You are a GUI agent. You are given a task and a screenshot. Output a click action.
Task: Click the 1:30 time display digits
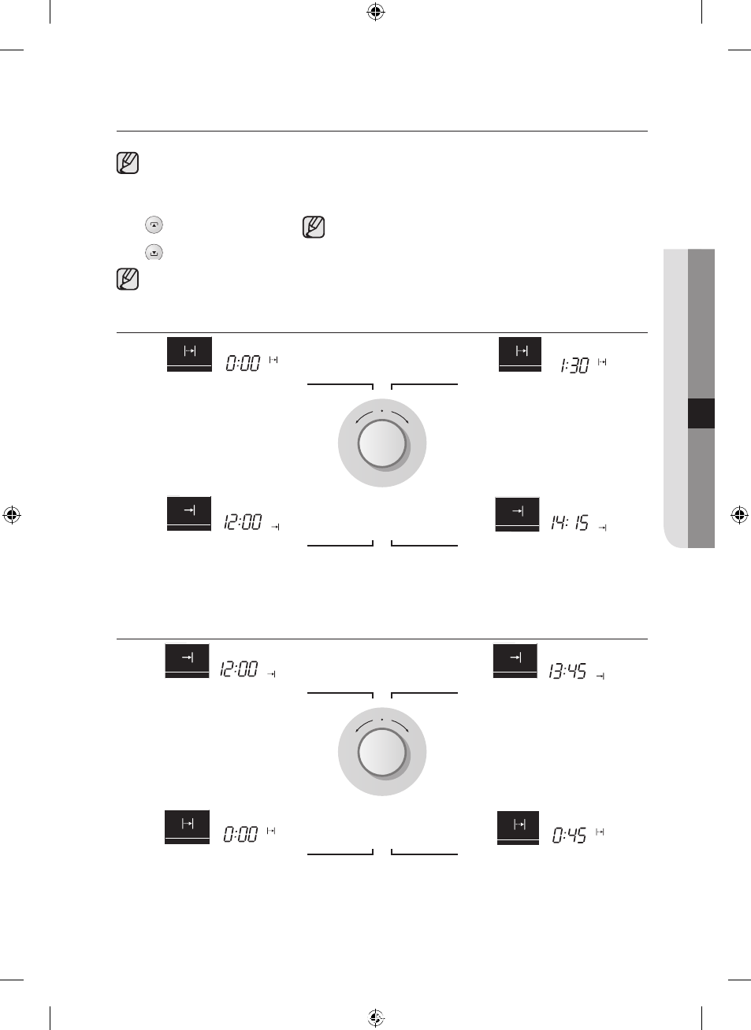click(x=574, y=365)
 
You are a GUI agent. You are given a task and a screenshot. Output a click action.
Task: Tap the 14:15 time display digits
click(x=570, y=523)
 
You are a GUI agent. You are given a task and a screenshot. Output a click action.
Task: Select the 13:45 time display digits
click(x=567, y=672)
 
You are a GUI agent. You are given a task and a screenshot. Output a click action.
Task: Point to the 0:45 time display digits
click(x=569, y=835)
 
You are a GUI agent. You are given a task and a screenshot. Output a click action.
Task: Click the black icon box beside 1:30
click(x=520, y=354)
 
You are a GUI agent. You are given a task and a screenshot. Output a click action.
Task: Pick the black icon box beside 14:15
click(x=517, y=514)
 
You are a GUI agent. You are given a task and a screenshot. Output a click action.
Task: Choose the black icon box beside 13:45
click(x=515, y=661)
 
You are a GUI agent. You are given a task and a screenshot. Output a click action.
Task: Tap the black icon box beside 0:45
click(x=518, y=828)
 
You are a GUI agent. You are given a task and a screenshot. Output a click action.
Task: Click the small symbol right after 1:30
click(x=602, y=362)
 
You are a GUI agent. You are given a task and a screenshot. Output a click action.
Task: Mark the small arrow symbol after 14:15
click(x=602, y=528)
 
